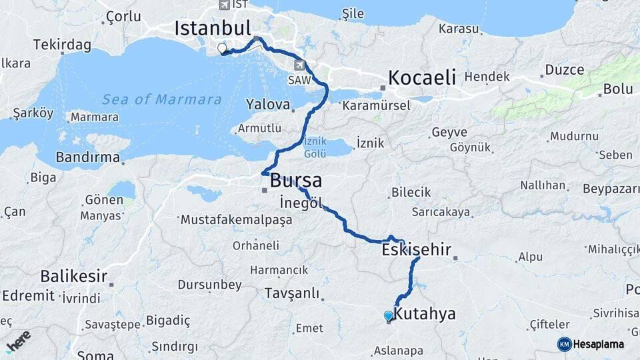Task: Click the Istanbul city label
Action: coord(212,28)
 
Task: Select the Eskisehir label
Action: coord(416,251)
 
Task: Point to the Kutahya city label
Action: coord(425,313)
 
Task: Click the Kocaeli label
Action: coord(422,77)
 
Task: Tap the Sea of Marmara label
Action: coord(161,100)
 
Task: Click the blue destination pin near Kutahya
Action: coord(389,316)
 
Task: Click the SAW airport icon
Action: coord(301,65)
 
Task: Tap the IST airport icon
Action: coord(223,5)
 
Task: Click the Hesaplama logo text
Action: coord(597,344)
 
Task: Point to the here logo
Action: coord(18,339)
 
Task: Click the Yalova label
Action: coord(267,105)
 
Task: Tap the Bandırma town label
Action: coord(88,158)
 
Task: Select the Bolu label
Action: coord(617,89)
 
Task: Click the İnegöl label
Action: coord(301,202)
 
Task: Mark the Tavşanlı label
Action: coord(292,293)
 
